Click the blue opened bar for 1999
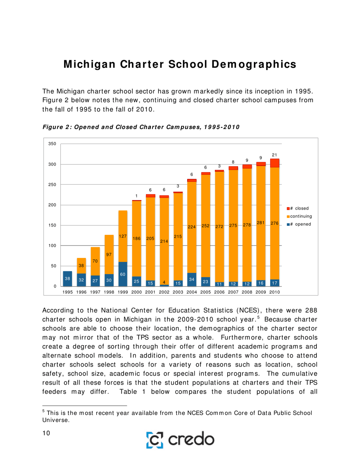(122, 274)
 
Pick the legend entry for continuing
(301, 216)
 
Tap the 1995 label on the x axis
(67, 292)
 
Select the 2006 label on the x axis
(219, 292)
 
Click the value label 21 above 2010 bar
(274, 154)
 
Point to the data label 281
(261, 223)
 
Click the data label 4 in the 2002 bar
(164, 282)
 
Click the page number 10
(47, 433)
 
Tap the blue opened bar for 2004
(192, 280)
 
